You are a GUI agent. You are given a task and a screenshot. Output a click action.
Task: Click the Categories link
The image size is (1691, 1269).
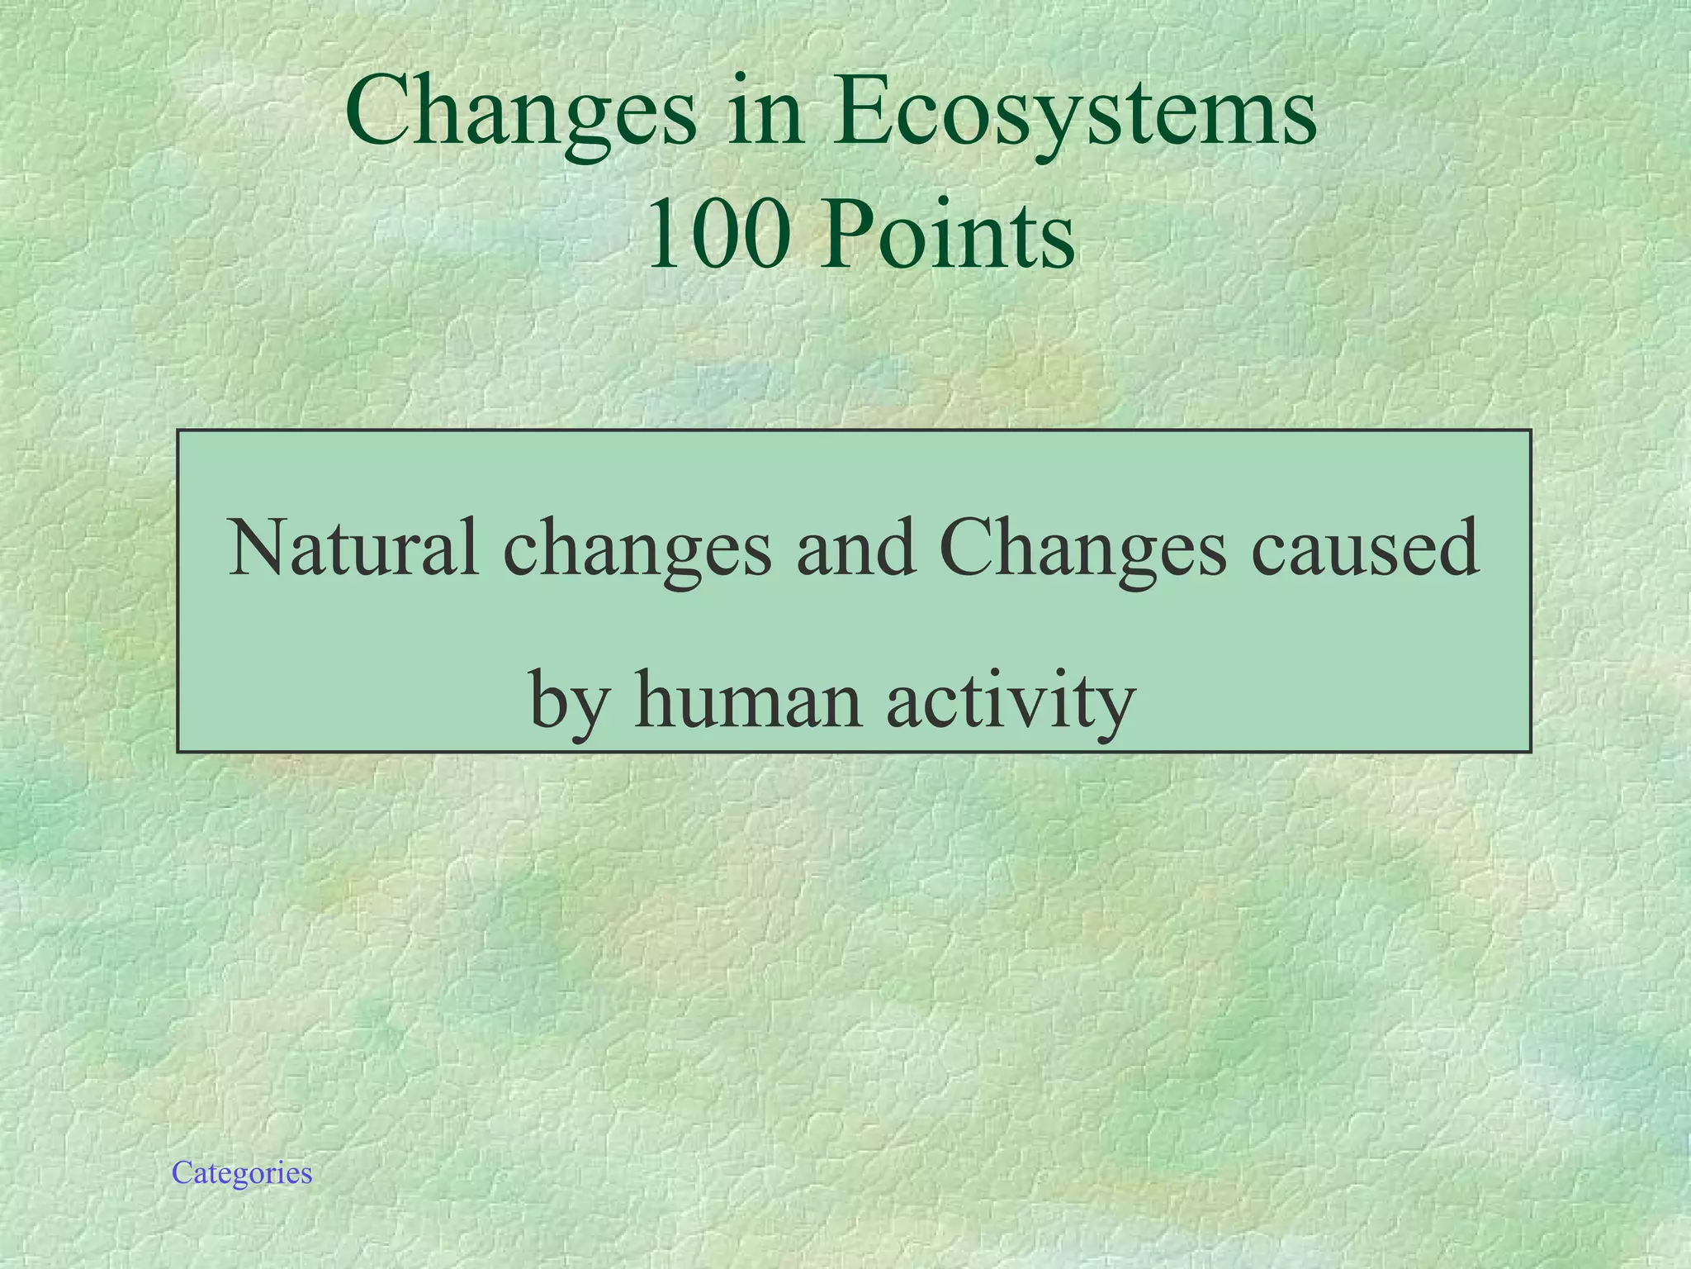pos(242,1173)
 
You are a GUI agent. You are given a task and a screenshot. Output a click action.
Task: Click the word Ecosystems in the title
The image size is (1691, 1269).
pos(1073,116)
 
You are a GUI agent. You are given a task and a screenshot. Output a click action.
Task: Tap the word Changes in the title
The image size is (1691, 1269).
pos(521,116)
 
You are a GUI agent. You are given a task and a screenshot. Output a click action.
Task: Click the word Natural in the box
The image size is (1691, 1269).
pos(353,548)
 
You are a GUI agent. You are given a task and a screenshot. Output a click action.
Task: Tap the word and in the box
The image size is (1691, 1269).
pos(855,548)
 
